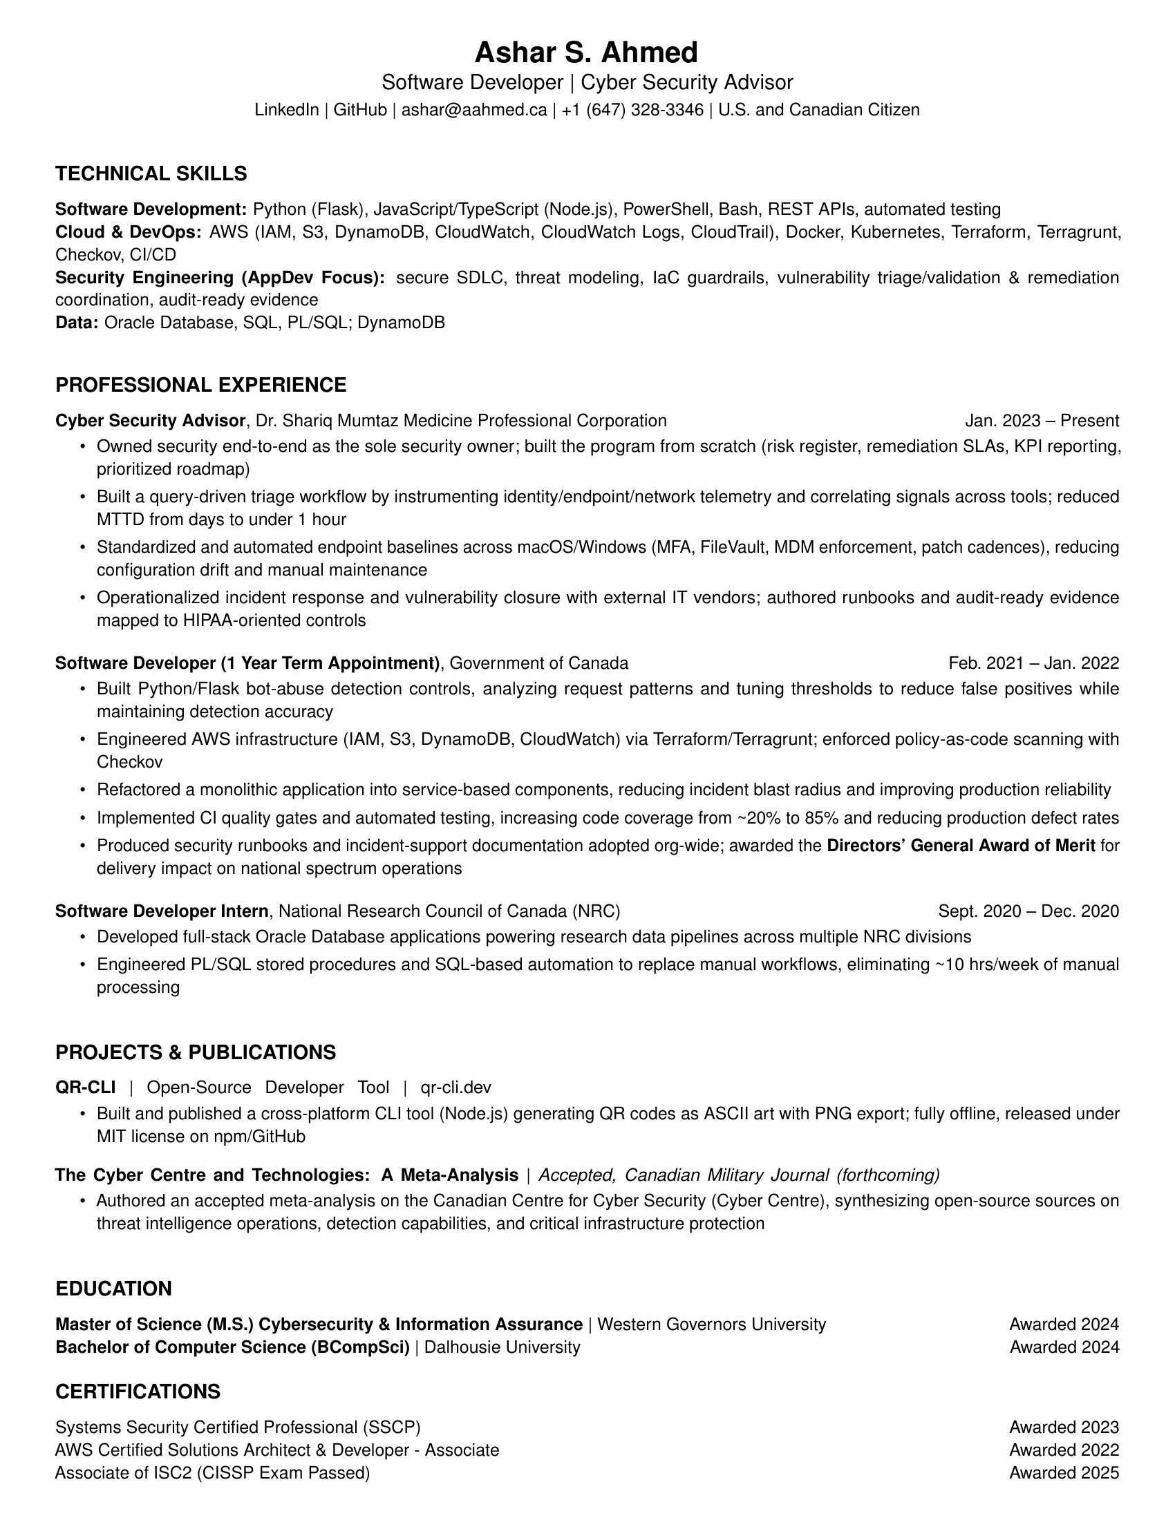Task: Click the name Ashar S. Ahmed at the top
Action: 586,53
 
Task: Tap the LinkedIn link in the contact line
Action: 286,110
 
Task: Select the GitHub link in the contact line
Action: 360,110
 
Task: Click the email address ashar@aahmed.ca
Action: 474,110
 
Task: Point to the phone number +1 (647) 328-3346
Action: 632,110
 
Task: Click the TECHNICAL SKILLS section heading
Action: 151,173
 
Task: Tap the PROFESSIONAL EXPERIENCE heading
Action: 200,385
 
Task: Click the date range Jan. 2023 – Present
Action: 1042,420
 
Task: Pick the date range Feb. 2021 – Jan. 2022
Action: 1033,663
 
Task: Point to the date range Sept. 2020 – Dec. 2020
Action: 1028,911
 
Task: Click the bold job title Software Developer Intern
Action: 162,911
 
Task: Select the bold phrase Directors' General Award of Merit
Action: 961,846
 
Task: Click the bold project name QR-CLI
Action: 86,1087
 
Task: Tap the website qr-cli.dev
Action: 456,1087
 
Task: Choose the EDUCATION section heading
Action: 113,1289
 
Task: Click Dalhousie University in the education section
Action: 502,1347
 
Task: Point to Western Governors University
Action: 711,1324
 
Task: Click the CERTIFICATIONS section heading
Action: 138,1391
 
